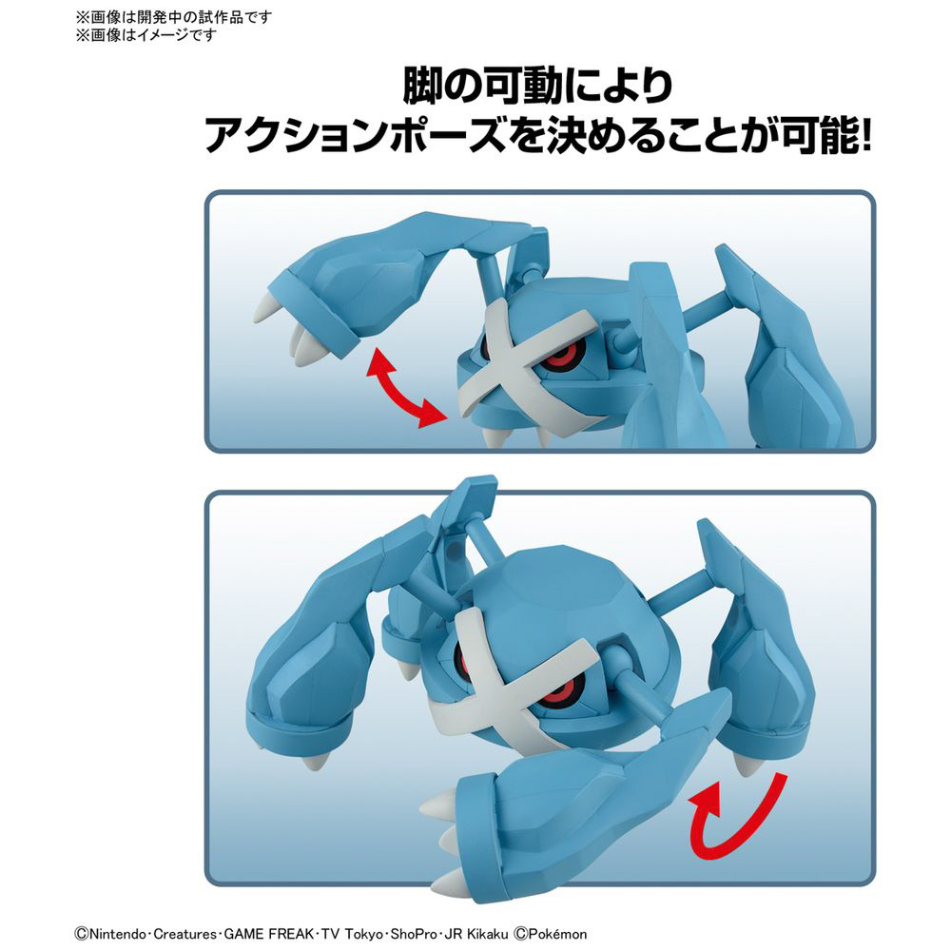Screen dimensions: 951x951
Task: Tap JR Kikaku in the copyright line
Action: (x=476, y=934)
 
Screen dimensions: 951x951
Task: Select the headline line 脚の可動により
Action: (x=537, y=87)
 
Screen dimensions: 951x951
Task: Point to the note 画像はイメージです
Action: (x=153, y=34)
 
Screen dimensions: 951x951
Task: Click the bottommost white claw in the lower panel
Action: (x=453, y=882)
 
